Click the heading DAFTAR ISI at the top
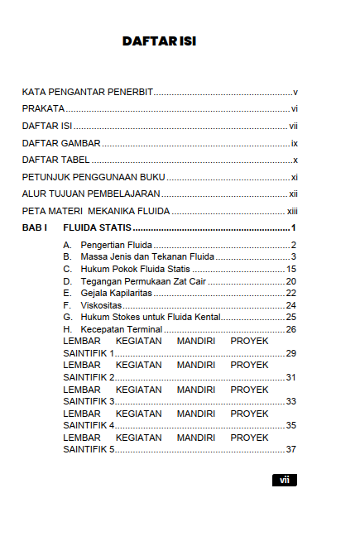point(159,41)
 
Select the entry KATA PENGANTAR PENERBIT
point(88,92)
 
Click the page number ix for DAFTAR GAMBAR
point(294,143)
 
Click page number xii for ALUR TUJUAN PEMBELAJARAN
point(293,194)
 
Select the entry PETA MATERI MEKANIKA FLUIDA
point(96,211)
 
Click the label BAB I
point(35,227)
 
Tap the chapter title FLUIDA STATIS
point(98,227)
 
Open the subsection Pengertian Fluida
point(117,246)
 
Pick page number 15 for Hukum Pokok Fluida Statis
point(291,270)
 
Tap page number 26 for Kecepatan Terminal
point(291,330)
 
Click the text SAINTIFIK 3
point(89,401)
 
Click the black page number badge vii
point(284,480)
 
